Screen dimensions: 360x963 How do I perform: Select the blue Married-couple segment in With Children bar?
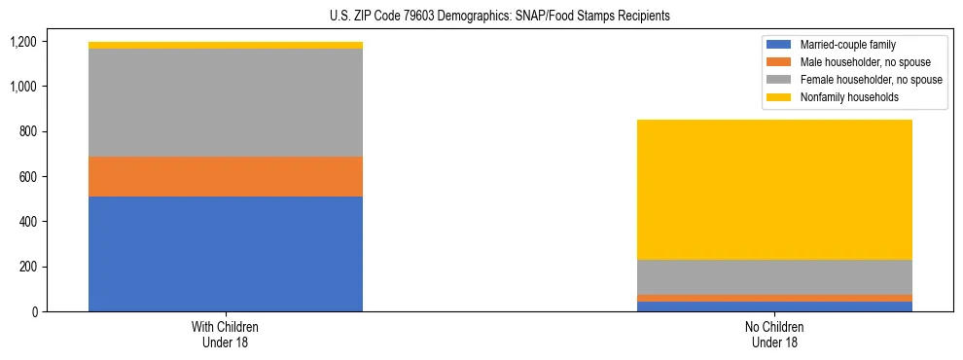pyautogui.click(x=226, y=254)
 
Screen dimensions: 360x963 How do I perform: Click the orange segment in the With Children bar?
pyautogui.click(x=226, y=176)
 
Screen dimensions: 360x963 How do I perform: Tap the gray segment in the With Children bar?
pyautogui.click(x=226, y=102)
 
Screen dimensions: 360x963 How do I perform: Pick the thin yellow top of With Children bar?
pyautogui.click(x=226, y=45)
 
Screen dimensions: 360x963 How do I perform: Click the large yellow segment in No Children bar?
pyautogui.click(x=774, y=190)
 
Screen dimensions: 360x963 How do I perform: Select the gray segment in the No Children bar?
pyautogui.click(x=774, y=277)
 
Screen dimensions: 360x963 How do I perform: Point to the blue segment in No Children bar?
pyautogui.click(x=774, y=306)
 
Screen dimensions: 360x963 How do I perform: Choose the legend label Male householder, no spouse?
pyautogui.click(x=857, y=62)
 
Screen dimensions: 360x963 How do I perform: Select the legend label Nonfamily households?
pyautogui.click(x=843, y=97)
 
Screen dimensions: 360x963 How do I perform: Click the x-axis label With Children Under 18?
pyautogui.click(x=226, y=334)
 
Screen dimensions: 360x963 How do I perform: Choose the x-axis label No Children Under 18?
pyautogui.click(x=774, y=334)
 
